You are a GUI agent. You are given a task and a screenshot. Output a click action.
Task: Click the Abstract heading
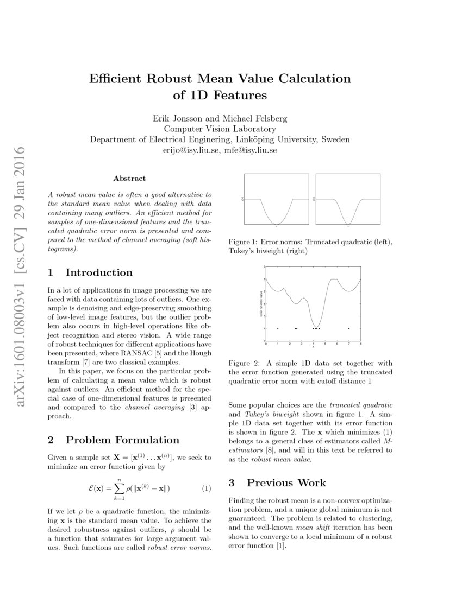point(129,178)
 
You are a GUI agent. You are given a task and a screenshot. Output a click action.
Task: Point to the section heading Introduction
point(99,272)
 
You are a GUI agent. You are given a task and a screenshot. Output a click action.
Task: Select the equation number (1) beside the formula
point(207,488)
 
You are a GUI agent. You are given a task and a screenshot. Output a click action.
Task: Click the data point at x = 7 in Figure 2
point(348,328)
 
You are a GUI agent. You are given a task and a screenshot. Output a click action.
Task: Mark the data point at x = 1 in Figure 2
point(278,328)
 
